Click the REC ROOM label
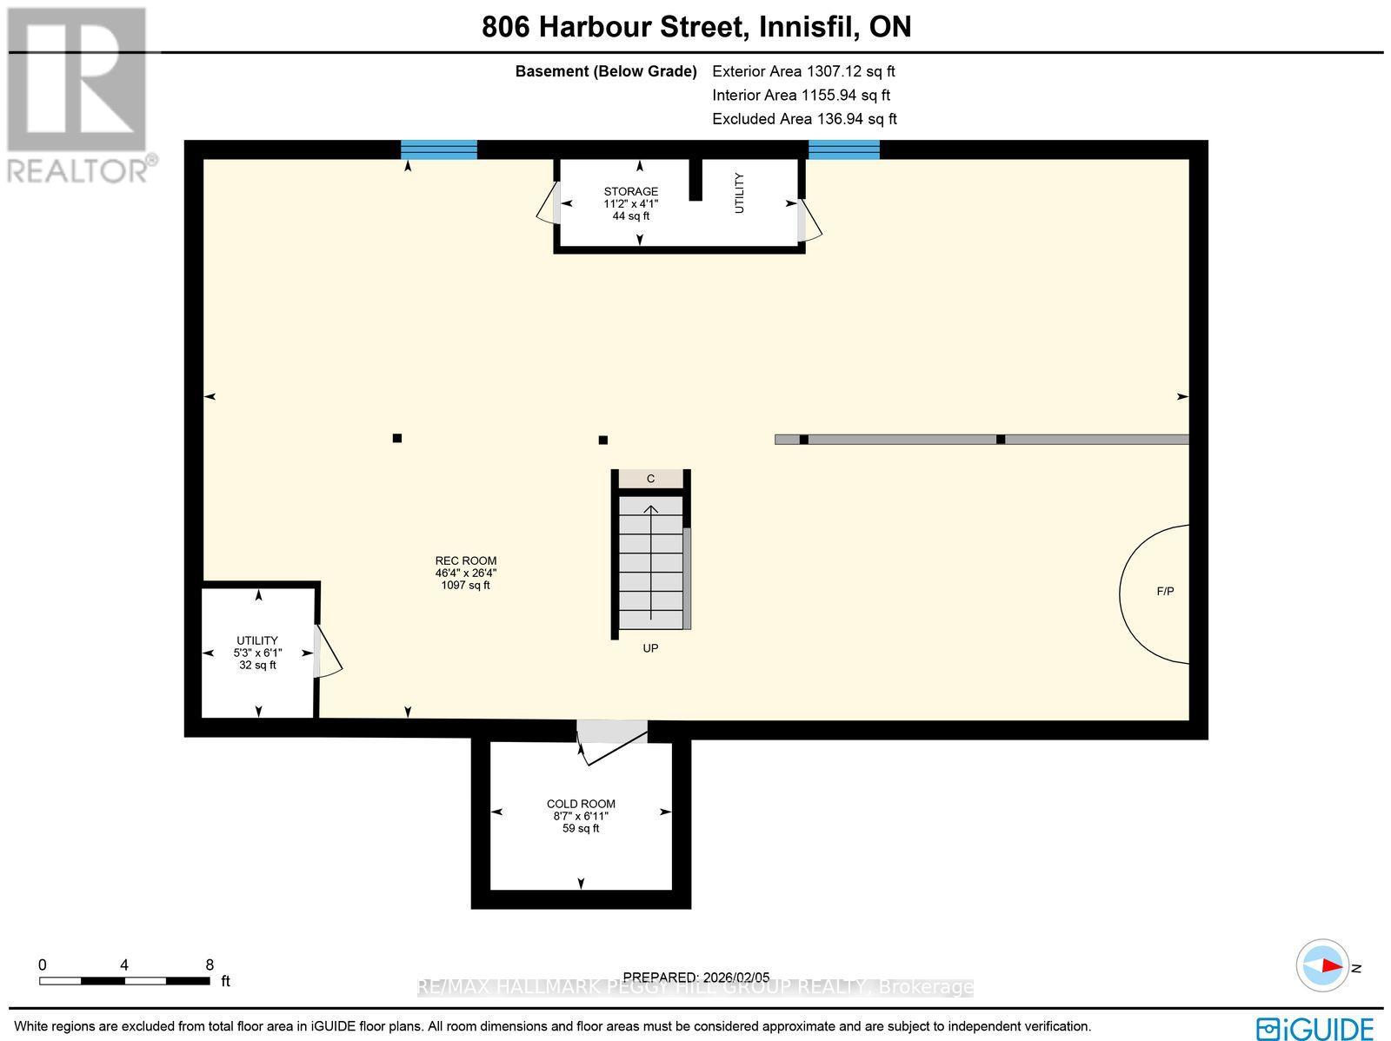pos(466,561)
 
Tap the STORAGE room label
pos(631,192)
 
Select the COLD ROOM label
pos(581,805)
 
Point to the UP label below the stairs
pos(650,648)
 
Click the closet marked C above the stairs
pos(650,479)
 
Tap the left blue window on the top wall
pos(439,149)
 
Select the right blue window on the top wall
pos(844,149)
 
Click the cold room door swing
pos(609,740)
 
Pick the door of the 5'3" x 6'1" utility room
pos(327,651)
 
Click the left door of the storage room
pos(548,203)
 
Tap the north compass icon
pos(1323,965)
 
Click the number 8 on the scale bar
pos(210,965)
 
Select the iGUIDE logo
pos(1314,1028)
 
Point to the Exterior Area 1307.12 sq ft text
pos(803,71)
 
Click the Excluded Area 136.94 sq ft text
pos(804,119)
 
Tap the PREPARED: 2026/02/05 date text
pos(696,978)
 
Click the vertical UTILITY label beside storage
pos(740,193)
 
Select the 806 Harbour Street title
pos(696,27)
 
